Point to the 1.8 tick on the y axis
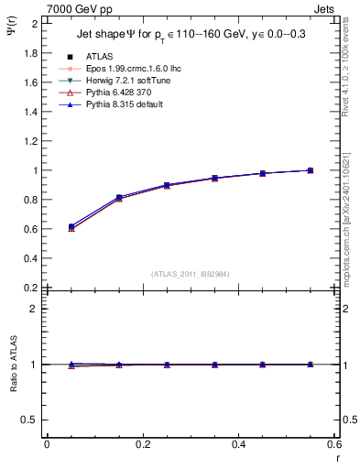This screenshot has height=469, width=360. pos(33,53)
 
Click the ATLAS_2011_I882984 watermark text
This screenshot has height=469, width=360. pos(191,275)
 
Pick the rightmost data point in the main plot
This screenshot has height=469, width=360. pos(311,170)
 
